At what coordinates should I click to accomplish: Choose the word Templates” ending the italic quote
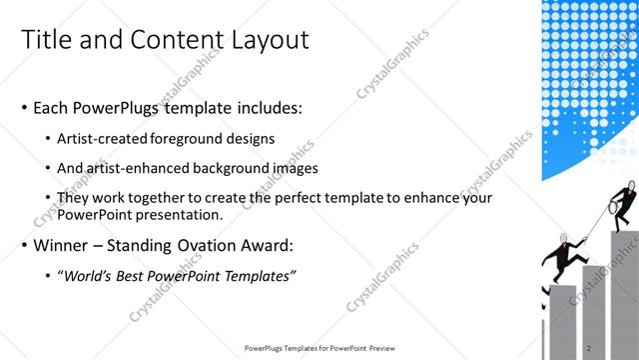[x=262, y=276]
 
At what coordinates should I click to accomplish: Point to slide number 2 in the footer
[x=590, y=348]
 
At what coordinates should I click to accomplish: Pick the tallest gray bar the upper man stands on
[x=626, y=290]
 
